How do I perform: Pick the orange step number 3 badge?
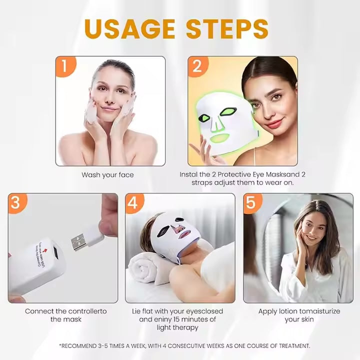click(x=15, y=203)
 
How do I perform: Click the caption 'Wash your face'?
click(x=107, y=175)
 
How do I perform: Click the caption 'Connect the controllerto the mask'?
click(x=59, y=315)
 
